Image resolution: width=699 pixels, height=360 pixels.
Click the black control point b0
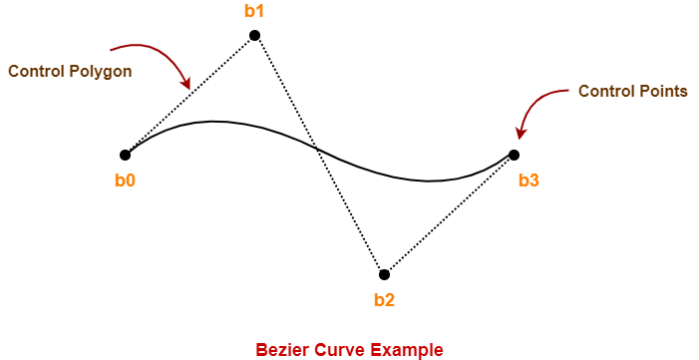126,155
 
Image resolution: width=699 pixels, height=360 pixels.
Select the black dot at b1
254,35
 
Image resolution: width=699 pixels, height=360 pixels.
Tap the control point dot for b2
384,274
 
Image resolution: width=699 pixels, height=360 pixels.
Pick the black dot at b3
514,155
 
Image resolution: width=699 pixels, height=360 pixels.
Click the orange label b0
126,180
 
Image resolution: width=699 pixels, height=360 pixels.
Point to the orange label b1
254,12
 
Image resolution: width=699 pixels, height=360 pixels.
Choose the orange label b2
384,300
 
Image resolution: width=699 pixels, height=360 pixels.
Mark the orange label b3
528,180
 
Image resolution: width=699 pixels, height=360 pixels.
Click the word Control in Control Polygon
33,71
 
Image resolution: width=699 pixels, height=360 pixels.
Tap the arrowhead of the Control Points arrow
520,135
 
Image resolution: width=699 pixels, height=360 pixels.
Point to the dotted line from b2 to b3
450,214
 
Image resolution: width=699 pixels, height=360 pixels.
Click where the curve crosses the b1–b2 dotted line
317,149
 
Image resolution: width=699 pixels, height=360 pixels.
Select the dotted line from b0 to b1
189,95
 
